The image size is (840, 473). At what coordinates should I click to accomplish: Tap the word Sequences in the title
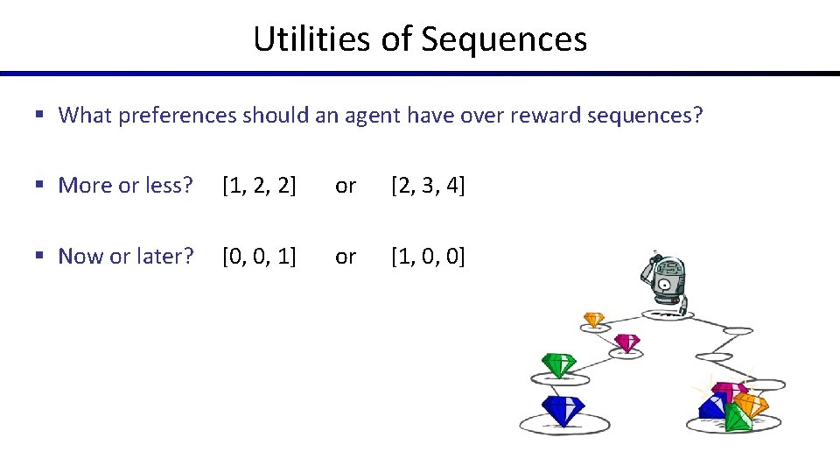505,39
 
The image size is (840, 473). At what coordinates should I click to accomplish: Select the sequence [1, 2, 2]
259,186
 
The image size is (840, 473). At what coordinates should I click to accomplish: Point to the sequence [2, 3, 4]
428,186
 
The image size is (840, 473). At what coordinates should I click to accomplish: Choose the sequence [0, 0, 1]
259,257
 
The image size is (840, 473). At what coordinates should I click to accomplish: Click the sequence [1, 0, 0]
428,257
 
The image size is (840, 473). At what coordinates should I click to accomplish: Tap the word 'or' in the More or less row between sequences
346,186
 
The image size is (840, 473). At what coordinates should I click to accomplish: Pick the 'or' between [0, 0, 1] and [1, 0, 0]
346,257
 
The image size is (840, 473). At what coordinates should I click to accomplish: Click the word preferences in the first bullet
181,116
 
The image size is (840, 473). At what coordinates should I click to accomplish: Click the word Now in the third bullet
80,257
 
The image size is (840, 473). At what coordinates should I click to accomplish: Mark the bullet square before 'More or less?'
40,186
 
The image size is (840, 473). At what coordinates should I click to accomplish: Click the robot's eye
665,284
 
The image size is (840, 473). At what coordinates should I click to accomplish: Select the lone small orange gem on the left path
594,320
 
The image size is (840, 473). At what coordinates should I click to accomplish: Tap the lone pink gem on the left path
626,342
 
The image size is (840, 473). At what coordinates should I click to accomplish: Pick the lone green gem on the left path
557,364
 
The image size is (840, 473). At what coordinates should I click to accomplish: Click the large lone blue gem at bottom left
562,410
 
